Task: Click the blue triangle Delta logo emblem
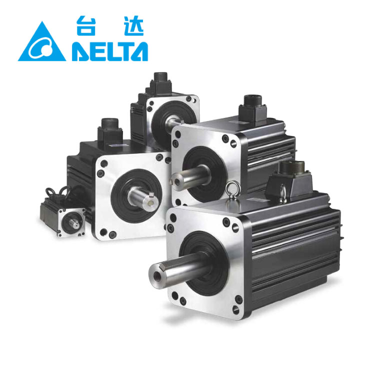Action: tap(42, 44)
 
